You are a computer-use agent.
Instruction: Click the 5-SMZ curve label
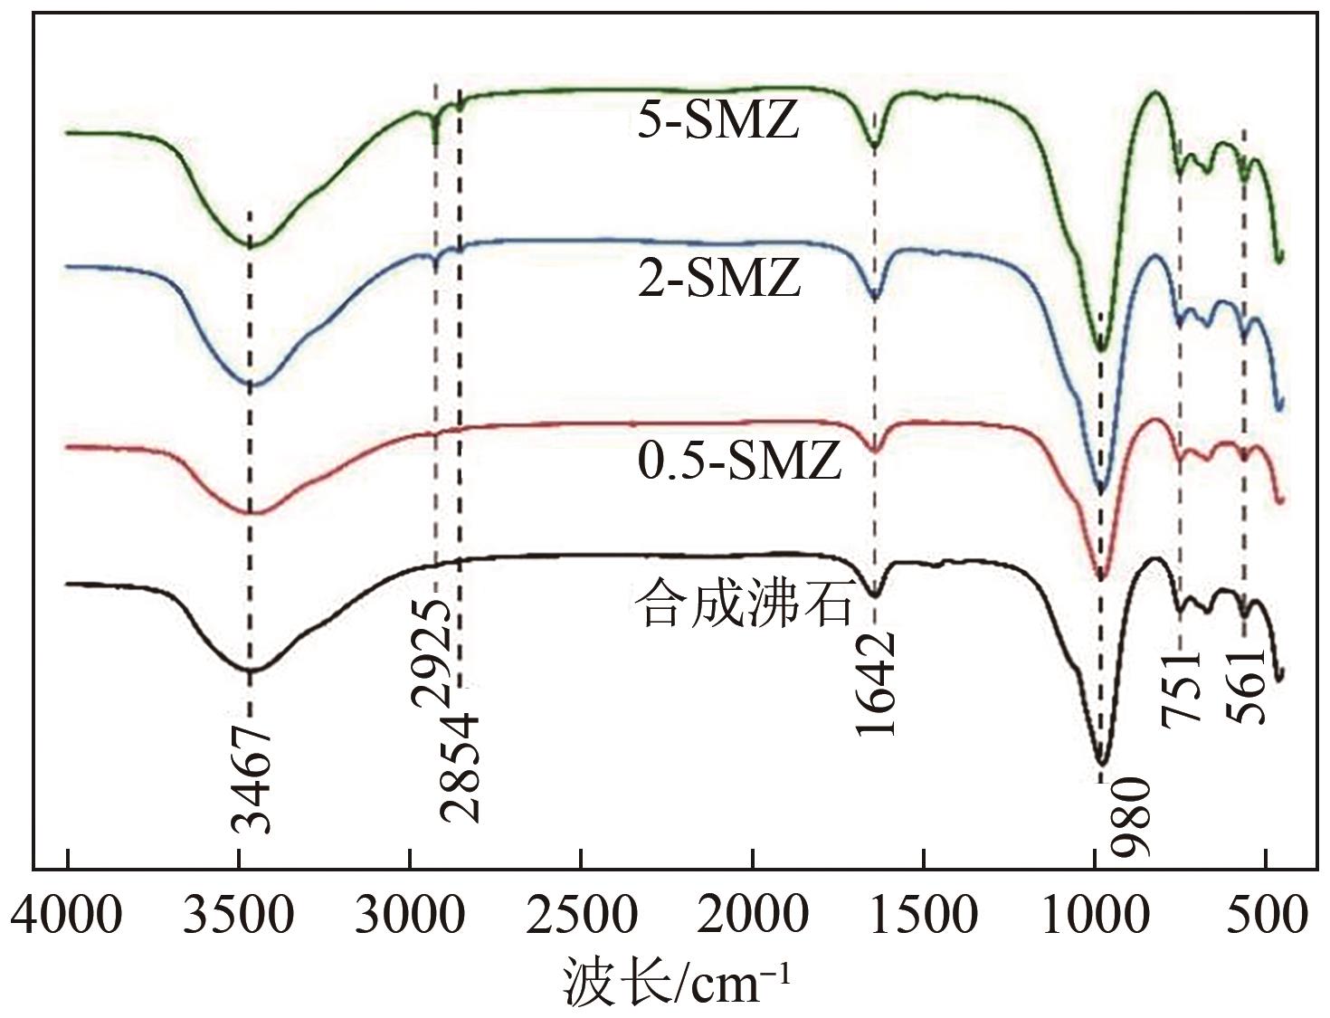[x=718, y=121]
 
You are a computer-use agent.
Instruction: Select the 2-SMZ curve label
[x=719, y=278]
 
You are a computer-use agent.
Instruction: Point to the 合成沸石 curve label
[x=744, y=604]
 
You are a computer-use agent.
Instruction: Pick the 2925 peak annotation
[x=432, y=650]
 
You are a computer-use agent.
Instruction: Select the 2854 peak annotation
[x=459, y=767]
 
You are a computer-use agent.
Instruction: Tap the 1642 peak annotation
[x=876, y=683]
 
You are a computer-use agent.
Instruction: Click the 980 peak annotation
[x=1131, y=816]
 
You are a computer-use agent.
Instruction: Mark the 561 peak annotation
[x=1246, y=686]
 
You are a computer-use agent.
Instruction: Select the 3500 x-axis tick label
[x=239, y=917]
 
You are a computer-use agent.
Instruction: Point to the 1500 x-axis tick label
[x=925, y=917]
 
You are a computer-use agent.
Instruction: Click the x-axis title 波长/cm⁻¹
[x=679, y=981]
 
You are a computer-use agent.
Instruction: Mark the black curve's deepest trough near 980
[x=1101, y=762]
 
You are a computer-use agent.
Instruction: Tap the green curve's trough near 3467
[x=252, y=245]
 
